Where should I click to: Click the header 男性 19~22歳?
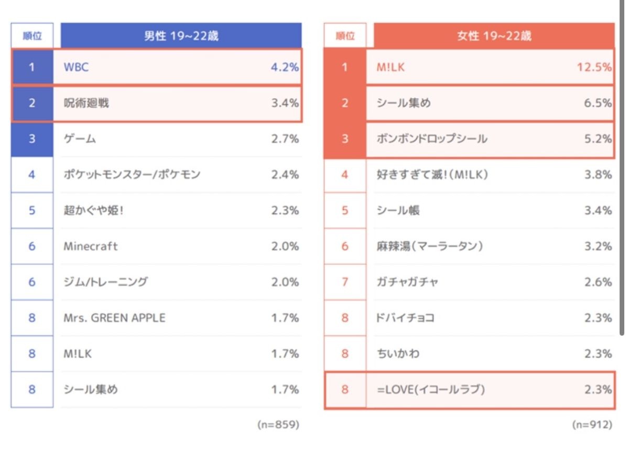(181, 36)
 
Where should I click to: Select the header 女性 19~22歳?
(494, 36)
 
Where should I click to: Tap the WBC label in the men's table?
(76, 67)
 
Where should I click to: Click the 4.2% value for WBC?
(285, 67)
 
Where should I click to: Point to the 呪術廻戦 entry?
(86, 103)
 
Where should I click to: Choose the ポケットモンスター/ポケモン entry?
(132, 175)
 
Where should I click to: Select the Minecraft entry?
(90, 246)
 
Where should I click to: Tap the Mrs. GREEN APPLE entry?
(114, 318)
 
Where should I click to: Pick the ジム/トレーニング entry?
(105, 282)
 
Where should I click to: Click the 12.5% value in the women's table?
(594, 67)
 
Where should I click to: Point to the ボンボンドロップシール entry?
(432, 139)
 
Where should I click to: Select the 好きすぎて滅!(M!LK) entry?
(432, 175)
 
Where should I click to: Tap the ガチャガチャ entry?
(407, 282)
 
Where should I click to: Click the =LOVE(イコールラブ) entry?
(431, 390)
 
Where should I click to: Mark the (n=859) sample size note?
(278, 425)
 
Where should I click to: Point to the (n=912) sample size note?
(592, 425)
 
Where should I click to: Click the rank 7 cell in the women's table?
(344, 282)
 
